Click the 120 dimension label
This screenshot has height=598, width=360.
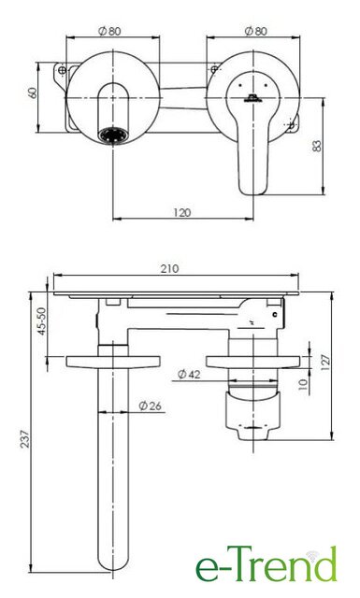[182, 212]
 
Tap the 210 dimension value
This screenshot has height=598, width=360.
[169, 269]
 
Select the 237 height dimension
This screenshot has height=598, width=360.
[24, 438]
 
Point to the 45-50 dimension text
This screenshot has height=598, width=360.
[41, 321]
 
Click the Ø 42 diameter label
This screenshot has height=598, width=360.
[189, 375]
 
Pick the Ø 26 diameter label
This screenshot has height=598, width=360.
[150, 406]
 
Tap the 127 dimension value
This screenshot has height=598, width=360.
[325, 363]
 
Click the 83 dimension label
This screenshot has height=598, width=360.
[317, 146]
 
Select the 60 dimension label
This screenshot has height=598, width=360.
[33, 93]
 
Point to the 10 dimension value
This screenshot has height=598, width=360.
[302, 384]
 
